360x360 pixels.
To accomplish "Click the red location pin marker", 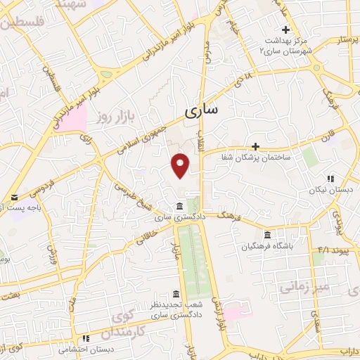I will pyautogui.click(x=181, y=165).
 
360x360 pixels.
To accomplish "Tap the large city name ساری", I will pyautogui.click(x=202, y=110).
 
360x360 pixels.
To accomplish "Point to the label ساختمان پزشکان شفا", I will pyautogui.click(x=281, y=160).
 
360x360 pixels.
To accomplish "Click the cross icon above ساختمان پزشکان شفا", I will pyautogui.click(x=255, y=147).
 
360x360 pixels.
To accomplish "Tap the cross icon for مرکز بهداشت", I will pyautogui.click(x=285, y=30).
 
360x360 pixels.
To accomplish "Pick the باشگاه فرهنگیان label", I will pyautogui.click(x=268, y=247).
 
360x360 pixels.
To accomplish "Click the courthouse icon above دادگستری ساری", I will pyautogui.click(x=181, y=206).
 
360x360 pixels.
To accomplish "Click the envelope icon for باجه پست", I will pyautogui.click(x=14, y=198).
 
